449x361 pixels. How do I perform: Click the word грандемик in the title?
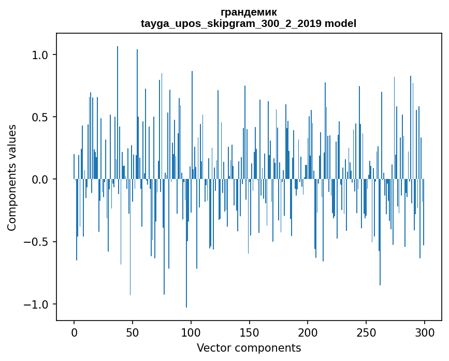tap(249, 12)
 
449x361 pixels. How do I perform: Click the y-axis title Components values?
tap(12, 177)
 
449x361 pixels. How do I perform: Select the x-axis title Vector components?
tap(249, 348)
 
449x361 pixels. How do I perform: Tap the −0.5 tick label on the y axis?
tap(38, 242)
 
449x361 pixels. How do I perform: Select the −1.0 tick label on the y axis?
tap(38, 304)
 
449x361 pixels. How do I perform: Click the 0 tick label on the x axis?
tap(74, 332)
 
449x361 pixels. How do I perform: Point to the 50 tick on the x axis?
tap(133, 332)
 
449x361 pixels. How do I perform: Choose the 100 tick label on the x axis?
tap(191, 332)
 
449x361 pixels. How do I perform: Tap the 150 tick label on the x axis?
tap(250, 332)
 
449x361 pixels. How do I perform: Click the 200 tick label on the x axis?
tap(308, 332)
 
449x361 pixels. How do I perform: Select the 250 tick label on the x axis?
tap(366, 332)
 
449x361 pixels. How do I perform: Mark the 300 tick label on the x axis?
tap(425, 332)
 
